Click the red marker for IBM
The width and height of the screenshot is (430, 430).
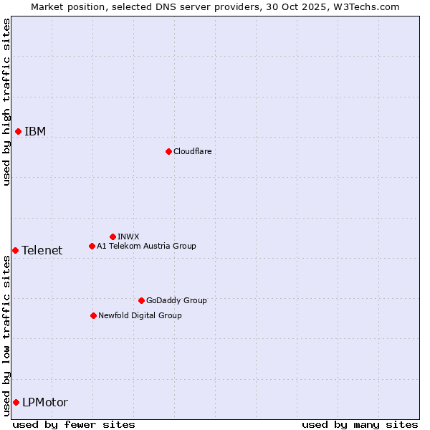(x=18, y=131)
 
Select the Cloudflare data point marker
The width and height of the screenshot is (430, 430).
(x=168, y=151)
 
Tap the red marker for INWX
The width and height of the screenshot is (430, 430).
(x=113, y=236)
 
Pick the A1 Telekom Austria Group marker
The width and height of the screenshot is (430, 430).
(x=92, y=246)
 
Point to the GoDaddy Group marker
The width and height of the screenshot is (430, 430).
(x=141, y=300)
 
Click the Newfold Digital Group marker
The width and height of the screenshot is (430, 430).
(x=93, y=315)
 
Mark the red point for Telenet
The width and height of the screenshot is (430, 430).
(x=15, y=250)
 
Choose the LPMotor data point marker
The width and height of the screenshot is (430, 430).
(x=16, y=402)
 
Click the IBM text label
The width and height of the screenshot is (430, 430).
(x=35, y=131)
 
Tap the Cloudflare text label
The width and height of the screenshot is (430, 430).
(x=192, y=151)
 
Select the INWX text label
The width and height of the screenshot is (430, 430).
(x=128, y=236)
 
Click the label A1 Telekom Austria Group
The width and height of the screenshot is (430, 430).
(x=146, y=246)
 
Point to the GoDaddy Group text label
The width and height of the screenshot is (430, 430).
(x=176, y=300)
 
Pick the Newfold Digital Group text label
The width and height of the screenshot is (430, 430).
(x=140, y=315)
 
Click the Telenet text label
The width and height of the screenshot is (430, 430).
(x=42, y=250)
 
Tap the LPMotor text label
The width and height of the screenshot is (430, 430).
(x=45, y=402)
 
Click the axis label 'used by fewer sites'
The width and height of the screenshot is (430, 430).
(x=74, y=424)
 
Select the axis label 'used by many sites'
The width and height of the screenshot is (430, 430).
(x=360, y=424)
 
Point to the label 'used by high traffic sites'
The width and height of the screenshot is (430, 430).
(x=6, y=102)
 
